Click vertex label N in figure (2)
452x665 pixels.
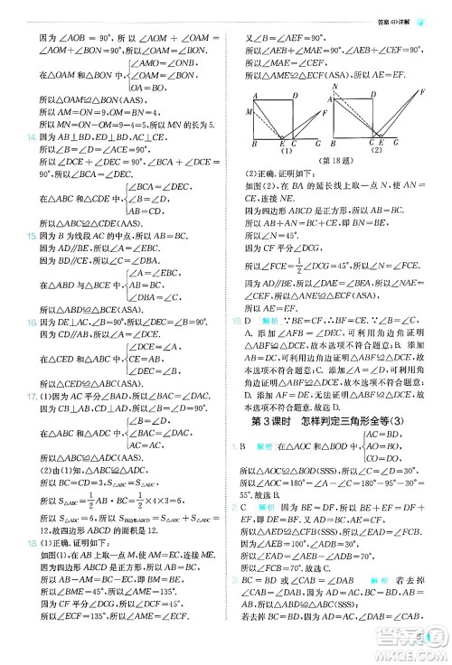335,87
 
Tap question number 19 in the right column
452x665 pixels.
240,320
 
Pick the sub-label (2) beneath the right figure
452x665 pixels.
374,151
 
